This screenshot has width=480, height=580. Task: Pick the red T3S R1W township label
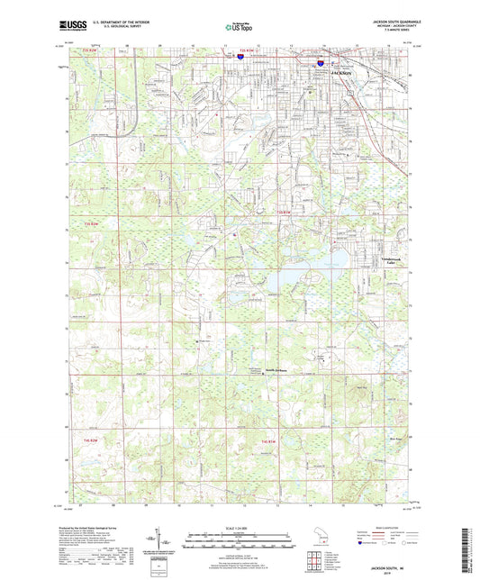282,213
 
